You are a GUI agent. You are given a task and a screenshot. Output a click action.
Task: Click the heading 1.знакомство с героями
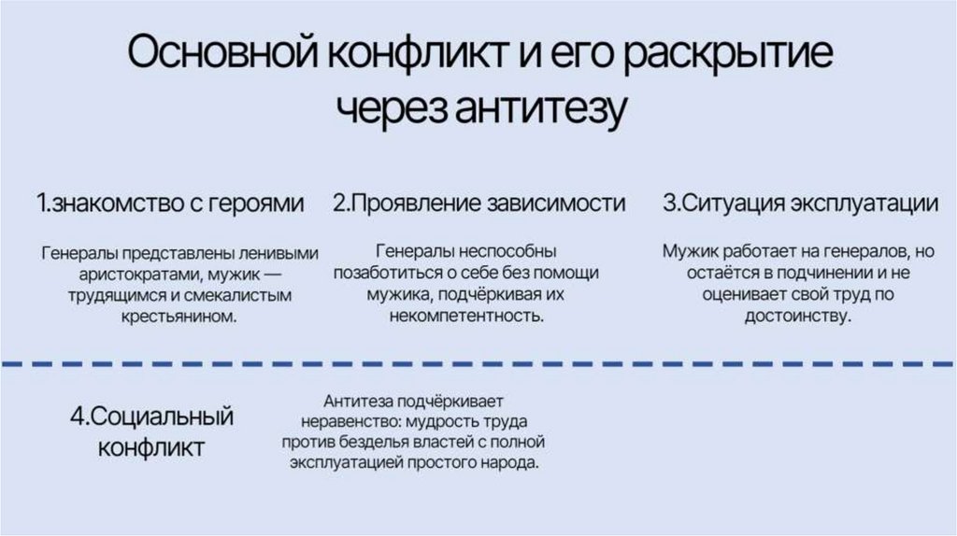coord(171,204)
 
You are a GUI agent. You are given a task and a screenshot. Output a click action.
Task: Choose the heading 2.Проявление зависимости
coord(479,204)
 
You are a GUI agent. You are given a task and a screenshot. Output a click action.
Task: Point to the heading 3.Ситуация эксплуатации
coord(801,204)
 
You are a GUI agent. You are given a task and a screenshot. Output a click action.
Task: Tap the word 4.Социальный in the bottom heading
coord(151,416)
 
